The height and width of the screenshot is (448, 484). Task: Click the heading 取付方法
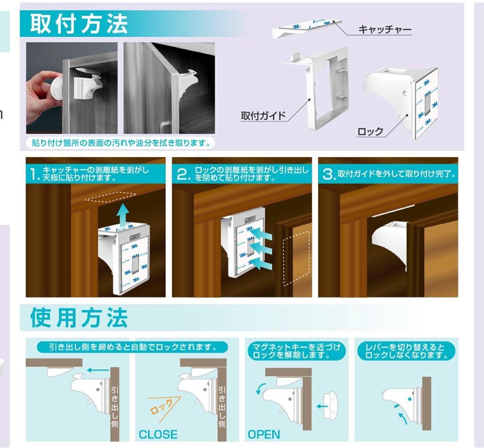(79, 24)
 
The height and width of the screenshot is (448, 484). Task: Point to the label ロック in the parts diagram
(370, 132)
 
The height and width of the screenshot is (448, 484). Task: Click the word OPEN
(265, 434)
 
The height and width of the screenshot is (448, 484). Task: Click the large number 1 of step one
(34, 174)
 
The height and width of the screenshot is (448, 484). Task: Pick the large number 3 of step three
(328, 174)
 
